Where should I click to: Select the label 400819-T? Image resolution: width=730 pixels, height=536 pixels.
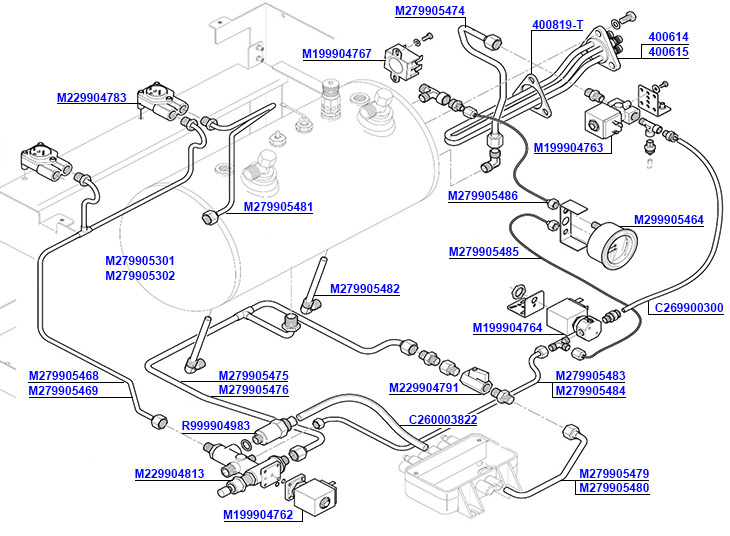point(557,25)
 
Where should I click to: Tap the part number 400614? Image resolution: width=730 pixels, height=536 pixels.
point(669,37)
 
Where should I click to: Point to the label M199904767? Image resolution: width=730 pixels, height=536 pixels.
point(337,54)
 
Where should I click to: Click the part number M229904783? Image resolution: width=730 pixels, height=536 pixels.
point(91,98)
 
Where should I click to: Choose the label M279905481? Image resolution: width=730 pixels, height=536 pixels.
point(278,207)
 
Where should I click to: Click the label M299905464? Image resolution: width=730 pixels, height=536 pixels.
point(669,220)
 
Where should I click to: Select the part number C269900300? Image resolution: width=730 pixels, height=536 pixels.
point(689,308)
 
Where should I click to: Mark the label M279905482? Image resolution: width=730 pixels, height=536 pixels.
point(365,289)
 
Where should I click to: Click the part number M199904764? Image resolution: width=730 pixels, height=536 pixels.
point(507,327)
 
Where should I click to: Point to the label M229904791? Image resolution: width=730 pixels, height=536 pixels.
point(423,388)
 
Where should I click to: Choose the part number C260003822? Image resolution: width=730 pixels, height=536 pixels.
point(443,420)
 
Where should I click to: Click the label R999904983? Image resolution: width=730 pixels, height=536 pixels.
point(216,426)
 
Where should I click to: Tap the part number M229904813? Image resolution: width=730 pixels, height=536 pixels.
point(170,473)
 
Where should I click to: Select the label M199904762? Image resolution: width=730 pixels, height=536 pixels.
point(258,515)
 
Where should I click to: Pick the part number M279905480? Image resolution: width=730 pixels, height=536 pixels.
point(614,488)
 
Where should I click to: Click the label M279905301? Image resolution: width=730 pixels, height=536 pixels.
point(140,261)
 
